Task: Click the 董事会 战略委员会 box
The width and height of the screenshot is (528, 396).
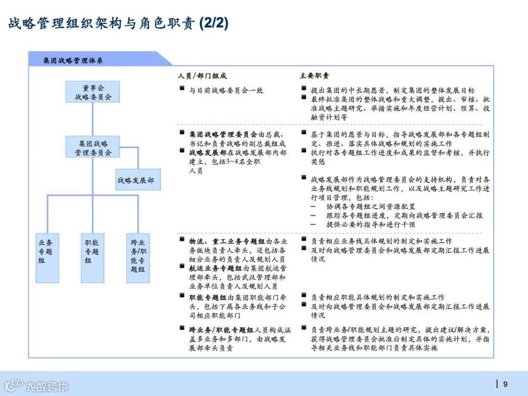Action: tap(93, 92)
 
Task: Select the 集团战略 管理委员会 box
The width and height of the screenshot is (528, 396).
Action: tap(93, 147)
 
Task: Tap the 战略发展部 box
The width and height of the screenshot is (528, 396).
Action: tap(138, 180)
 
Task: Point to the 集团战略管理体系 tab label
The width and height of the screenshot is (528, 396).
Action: tap(73, 60)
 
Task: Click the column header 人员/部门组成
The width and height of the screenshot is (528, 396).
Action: tap(202, 76)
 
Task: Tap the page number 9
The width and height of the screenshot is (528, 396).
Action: tap(506, 384)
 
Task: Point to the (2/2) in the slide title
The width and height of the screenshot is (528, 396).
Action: tap(214, 23)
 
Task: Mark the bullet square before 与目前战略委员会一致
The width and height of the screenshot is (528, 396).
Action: tap(182, 89)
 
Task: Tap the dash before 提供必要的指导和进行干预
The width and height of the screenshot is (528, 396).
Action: tap(313, 224)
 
